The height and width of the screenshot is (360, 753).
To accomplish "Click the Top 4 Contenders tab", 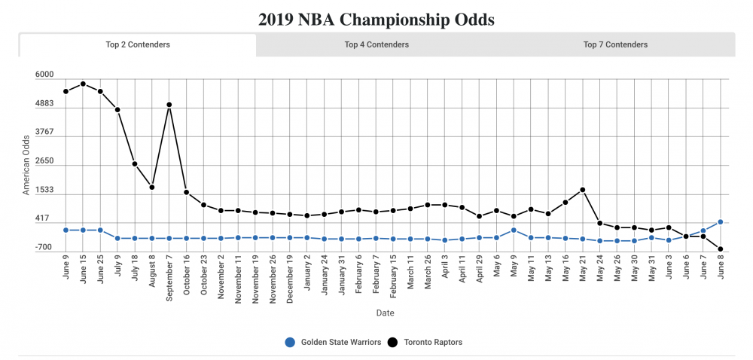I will click(376, 44).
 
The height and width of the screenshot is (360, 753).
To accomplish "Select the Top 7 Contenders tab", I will click(615, 44).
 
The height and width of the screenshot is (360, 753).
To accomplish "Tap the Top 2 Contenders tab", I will click(138, 44).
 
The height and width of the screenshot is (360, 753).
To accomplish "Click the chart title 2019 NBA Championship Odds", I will click(376, 20).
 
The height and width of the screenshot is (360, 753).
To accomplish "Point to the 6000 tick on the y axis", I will click(44, 75).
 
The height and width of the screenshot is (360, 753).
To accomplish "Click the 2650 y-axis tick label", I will click(44, 161).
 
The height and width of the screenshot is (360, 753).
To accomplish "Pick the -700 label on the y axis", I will click(44, 248).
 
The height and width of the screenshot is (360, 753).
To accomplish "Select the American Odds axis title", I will click(26, 165).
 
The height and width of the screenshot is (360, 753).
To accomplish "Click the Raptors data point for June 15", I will click(83, 84).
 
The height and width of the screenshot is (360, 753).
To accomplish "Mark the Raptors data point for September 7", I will click(169, 105).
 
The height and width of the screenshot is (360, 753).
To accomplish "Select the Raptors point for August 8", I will click(152, 187).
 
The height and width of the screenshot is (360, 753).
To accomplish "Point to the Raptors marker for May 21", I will click(583, 190).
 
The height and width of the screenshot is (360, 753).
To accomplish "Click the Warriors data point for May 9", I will click(514, 230).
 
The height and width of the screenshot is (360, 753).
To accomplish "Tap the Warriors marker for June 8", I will click(721, 222).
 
